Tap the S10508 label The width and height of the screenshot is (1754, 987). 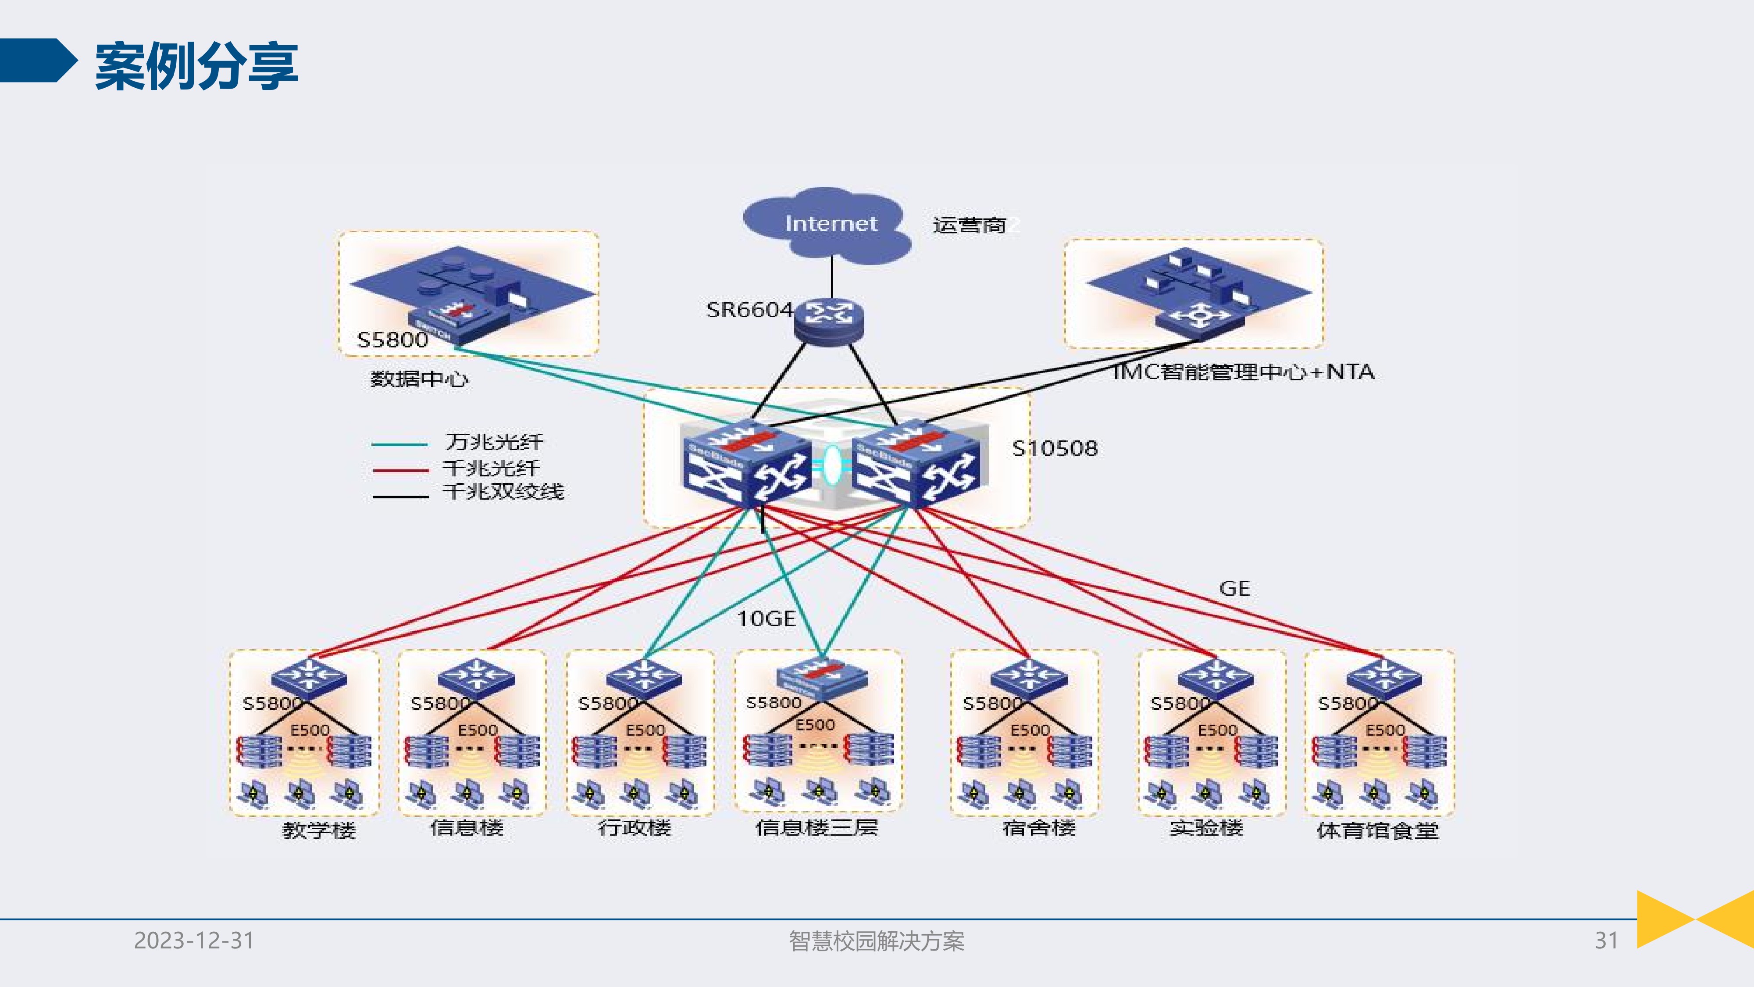(x=1055, y=448)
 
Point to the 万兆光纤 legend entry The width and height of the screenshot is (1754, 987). (x=494, y=442)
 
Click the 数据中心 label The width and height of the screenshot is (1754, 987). (x=419, y=379)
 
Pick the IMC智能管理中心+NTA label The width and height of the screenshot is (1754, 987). (x=1243, y=372)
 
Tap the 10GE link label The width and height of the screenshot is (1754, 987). (x=766, y=619)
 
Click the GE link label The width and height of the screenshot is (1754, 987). (x=1234, y=589)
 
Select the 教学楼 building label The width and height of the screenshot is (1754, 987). (x=319, y=830)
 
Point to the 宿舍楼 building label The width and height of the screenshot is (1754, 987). (x=1038, y=828)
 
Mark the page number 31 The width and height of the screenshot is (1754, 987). (x=1605, y=941)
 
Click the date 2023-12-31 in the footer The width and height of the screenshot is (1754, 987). (x=194, y=941)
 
